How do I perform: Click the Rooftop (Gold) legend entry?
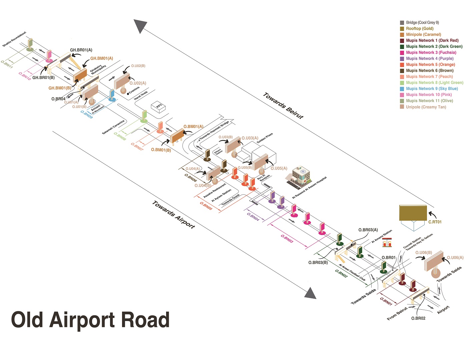419,29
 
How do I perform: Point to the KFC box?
159,106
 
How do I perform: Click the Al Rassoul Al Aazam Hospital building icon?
300,176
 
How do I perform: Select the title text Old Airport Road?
90,320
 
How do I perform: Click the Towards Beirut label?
283,106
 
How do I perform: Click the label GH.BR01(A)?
81,50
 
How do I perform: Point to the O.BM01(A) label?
193,127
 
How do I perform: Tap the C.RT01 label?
435,222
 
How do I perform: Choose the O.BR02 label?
418,318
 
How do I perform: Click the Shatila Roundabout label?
14,39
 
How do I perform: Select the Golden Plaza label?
265,138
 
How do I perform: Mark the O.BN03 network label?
287,239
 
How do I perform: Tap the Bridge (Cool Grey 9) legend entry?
422,23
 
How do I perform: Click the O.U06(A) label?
455,258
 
